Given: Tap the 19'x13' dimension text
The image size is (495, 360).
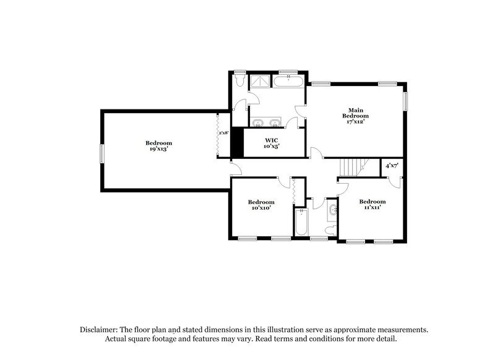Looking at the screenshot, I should point(159,149).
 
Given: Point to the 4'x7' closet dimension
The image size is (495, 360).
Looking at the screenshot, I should point(392,166).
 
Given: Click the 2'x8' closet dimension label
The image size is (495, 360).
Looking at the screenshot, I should point(223,133).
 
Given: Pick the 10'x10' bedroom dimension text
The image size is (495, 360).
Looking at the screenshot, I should point(261,208).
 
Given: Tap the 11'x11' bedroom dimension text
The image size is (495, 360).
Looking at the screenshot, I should point(372,208).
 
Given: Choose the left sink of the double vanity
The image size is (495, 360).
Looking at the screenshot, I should point(258,121).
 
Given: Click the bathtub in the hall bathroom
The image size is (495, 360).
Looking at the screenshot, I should point(301,223).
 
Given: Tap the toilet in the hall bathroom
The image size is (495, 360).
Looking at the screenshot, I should point(330,230).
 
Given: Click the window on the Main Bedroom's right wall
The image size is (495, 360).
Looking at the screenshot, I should point(407,101).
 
